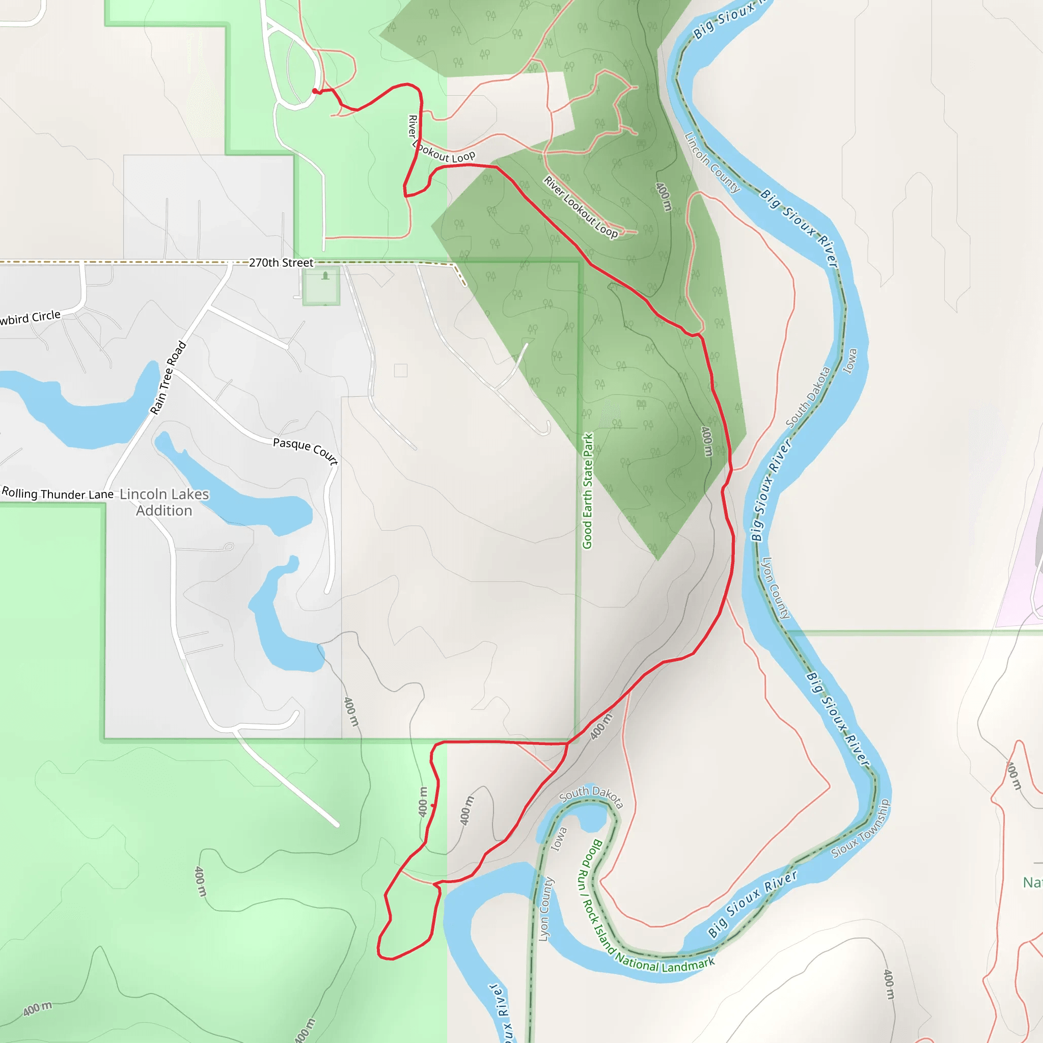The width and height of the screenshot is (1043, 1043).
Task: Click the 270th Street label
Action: pos(281,263)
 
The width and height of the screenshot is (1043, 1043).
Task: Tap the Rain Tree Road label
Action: pos(168,377)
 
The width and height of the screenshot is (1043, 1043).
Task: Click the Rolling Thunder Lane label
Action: pos(58,493)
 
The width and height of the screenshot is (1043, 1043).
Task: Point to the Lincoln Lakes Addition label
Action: pos(164,502)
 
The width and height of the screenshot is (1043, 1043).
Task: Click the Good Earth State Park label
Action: pos(587,491)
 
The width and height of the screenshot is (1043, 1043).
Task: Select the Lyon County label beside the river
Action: pos(775,588)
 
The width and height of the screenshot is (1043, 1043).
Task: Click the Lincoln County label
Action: pos(712,162)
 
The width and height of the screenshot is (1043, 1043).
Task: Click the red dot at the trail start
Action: pos(315,91)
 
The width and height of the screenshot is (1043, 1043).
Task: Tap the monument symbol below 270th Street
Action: pos(325,277)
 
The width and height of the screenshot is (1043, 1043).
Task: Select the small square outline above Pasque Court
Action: pos(401,370)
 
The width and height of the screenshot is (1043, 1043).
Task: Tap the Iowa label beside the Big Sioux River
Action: pos(850,361)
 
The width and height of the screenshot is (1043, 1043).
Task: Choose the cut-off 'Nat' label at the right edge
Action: pos(1032,883)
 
